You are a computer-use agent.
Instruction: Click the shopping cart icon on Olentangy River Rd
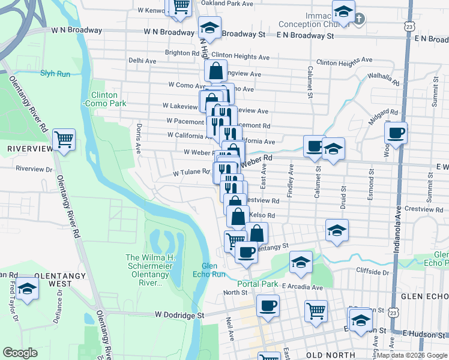click(64, 140)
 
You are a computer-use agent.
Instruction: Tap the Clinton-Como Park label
click(108, 99)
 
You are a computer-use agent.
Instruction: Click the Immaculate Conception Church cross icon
click(358, 19)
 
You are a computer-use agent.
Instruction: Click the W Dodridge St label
click(179, 314)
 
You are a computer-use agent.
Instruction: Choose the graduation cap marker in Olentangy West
click(26, 290)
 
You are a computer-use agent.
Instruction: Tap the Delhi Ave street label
click(142, 61)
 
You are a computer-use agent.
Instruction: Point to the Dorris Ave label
click(139, 139)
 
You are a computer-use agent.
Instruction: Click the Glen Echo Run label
click(213, 270)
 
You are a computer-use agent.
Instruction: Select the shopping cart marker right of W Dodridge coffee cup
click(316, 311)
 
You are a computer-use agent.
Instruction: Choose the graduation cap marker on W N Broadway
click(209, 28)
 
